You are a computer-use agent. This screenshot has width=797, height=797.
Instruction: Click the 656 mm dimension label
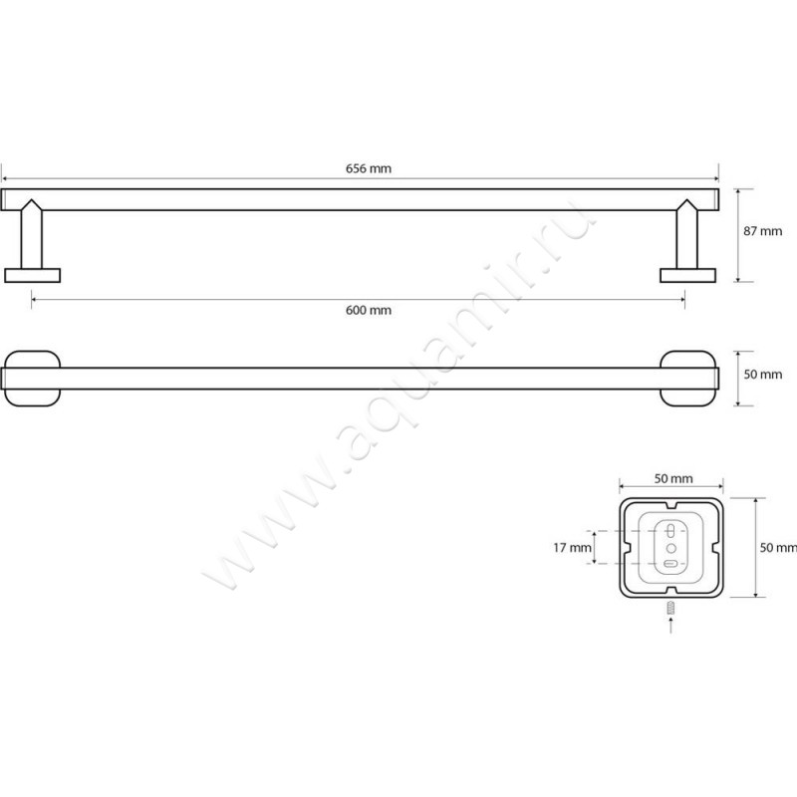tap(369, 168)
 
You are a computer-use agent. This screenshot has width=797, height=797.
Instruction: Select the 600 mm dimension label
tap(369, 310)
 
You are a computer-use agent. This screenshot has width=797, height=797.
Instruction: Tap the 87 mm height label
tap(762, 231)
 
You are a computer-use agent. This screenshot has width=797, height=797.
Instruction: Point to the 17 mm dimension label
tap(572, 548)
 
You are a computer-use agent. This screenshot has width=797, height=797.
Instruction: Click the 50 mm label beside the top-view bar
tap(762, 375)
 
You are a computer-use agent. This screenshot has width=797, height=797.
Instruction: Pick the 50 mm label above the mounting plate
tap(673, 479)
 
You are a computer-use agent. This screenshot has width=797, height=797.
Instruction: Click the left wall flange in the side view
tap(33, 276)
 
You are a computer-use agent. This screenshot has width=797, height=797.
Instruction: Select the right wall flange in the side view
tap(687, 276)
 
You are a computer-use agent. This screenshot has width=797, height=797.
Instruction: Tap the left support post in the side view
tap(32, 234)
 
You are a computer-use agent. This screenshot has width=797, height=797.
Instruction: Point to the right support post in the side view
tap(687, 234)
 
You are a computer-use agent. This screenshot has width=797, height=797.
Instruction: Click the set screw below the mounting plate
tap(670, 607)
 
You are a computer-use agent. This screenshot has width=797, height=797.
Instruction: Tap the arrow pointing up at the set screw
tap(670, 625)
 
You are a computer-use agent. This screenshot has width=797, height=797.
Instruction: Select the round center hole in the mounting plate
tap(670, 548)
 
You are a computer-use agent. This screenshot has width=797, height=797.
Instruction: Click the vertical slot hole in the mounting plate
tap(670, 531)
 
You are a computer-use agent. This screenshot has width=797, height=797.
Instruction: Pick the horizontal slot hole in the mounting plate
tap(670, 564)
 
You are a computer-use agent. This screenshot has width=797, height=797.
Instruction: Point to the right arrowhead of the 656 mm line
tap(715, 179)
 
